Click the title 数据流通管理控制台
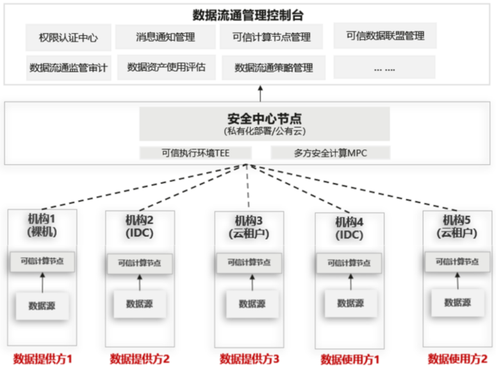248,15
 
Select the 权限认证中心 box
68,38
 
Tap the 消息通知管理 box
165,37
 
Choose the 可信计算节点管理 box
271,37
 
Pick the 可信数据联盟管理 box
385,36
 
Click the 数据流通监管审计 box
68,68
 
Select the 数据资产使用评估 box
166,68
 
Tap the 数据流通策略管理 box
274,68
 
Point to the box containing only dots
384,68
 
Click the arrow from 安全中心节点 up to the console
260,93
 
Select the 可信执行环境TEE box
196,153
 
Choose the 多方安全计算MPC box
330,153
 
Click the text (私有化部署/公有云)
265,131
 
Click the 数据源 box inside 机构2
140,304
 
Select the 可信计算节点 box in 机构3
249,263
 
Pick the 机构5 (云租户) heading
457,226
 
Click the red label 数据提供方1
42,359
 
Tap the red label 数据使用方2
457,359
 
